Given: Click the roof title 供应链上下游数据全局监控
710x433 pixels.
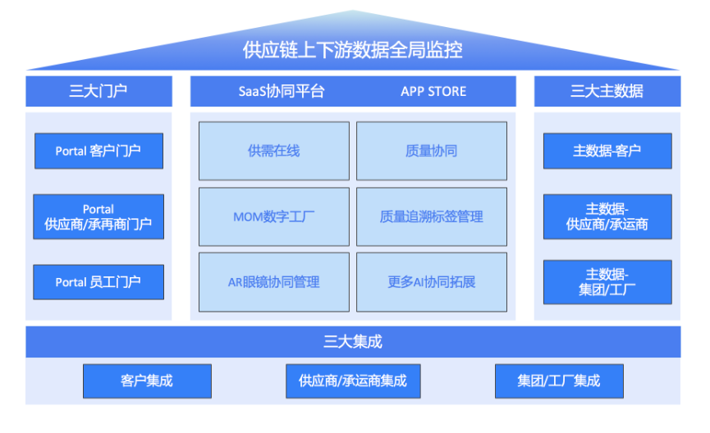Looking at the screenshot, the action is click(x=352, y=50).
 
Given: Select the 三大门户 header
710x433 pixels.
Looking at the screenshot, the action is click(x=98, y=91).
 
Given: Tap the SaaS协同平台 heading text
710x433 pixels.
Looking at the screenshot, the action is click(x=282, y=91).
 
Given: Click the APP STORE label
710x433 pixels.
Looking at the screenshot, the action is click(x=433, y=91).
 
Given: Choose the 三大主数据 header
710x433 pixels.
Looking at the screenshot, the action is click(x=607, y=91).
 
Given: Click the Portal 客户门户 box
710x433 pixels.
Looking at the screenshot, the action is click(x=98, y=151).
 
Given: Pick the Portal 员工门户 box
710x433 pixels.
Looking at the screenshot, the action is click(x=98, y=282).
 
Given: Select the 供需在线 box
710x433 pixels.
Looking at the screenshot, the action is click(x=274, y=151).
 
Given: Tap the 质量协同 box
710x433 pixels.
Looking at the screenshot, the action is click(x=432, y=151).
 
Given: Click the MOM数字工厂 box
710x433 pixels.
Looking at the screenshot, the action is click(x=274, y=216).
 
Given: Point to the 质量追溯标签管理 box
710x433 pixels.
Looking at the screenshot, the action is click(x=432, y=216).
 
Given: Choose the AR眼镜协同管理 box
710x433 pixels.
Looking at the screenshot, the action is click(x=274, y=282).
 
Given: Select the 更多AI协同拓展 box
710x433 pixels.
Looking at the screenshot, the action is click(x=432, y=282).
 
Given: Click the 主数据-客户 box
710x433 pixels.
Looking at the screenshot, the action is click(x=607, y=151).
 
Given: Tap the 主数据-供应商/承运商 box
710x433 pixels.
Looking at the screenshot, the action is click(x=607, y=216).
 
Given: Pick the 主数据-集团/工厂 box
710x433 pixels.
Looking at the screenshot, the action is click(x=607, y=282).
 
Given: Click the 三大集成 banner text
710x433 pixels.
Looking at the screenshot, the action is click(x=353, y=342).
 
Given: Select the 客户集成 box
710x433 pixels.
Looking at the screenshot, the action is click(x=147, y=381).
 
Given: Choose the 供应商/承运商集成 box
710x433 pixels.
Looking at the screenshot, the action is click(x=353, y=381).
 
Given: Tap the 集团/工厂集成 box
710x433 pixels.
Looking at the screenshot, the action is click(x=559, y=381).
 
